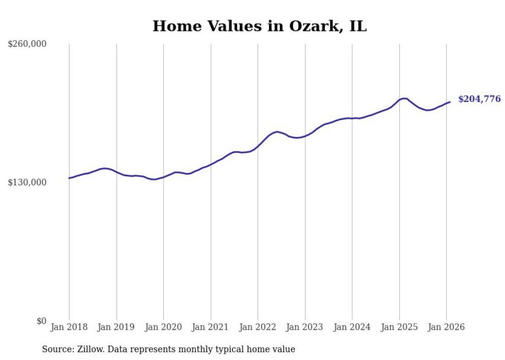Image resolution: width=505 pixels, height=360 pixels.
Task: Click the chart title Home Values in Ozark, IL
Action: click(259, 26)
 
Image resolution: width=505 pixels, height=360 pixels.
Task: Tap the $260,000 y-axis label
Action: click(27, 44)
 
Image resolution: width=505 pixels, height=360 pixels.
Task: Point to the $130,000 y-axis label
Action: click(27, 182)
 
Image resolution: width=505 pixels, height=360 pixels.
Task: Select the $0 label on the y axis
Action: click(41, 321)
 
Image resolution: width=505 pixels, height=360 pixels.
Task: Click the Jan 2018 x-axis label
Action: click(69, 327)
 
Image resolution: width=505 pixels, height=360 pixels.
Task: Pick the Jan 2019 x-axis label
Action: click(116, 327)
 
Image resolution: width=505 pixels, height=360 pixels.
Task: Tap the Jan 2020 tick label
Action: click(163, 327)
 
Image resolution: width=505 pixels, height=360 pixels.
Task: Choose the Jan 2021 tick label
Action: click(211, 327)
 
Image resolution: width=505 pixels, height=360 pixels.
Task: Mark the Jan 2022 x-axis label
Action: click(258, 327)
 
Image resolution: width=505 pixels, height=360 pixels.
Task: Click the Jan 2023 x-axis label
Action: click(305, 327)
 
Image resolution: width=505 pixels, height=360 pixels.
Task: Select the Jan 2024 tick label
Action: click(352, 327)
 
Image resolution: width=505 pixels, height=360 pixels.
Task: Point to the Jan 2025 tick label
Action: click(399, 327)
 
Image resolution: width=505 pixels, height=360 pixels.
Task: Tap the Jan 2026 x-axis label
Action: click(446, 327)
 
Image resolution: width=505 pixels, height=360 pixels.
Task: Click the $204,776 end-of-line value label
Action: click(479, 99)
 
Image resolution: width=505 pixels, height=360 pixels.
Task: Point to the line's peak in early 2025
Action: click(404, 98)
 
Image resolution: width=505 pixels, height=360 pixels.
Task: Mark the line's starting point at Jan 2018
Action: click(69, 178)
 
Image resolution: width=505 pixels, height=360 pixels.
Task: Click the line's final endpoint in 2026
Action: click(450, 102)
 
